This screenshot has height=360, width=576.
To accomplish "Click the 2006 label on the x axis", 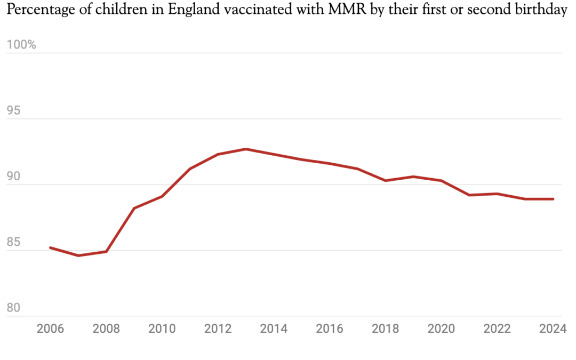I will point(50,329).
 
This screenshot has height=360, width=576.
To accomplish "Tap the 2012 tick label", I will point(218,329).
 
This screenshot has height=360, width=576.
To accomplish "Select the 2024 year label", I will point(553,329).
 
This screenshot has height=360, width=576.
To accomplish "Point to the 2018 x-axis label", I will point(385,329).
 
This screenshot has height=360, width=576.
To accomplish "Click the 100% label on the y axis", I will point(21,45).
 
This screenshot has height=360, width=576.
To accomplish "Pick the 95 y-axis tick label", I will point(14,111).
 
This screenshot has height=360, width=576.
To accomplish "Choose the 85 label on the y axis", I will point(14,243).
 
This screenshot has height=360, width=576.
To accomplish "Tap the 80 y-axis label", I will point(14,308).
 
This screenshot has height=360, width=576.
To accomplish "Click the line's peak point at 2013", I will point(246,149).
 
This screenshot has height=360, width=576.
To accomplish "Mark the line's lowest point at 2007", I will point(78,255).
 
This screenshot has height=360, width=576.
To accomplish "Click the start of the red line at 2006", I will point(50,247).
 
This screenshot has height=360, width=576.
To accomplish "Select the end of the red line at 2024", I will point(553,199).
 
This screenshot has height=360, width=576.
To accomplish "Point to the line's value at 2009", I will point(134,208).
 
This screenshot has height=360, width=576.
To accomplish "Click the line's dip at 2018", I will point(386,181).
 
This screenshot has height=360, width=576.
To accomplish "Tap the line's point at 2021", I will point(469,195).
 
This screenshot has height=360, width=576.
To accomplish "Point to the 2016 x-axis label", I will point(329,329).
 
